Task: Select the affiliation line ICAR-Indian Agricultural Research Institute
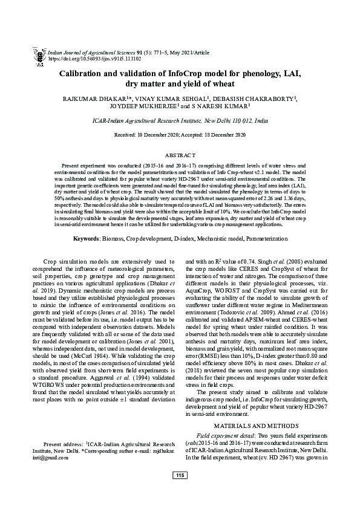tap(180, 121)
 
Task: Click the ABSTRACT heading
tap(180, 155)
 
